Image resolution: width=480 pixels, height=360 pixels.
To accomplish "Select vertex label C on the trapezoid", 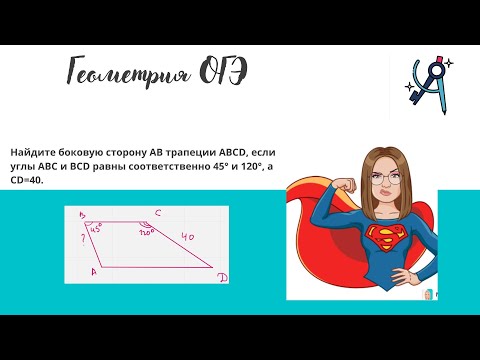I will tap(158, 212).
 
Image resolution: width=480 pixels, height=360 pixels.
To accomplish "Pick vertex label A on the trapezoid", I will tap(93, 270).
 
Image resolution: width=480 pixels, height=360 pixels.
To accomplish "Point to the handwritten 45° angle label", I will tap(97, 228).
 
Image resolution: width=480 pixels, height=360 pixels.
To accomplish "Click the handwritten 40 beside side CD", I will tap(189, 235).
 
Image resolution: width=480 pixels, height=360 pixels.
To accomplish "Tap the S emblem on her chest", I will tap(384, 238).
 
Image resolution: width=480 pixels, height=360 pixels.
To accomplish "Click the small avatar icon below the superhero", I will tap(427, 296).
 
